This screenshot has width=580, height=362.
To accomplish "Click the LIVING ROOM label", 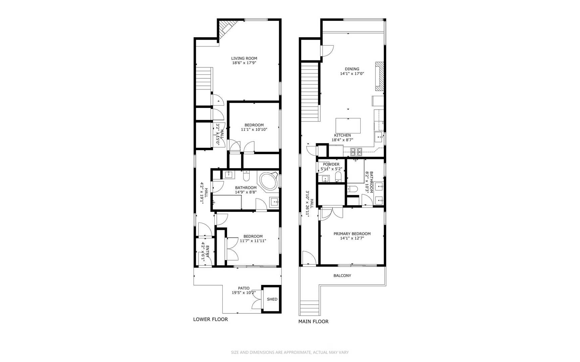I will pyautogui.click(x=244, y=58).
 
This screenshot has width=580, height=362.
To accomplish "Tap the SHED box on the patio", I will pyautogui.click(x=272, y=299).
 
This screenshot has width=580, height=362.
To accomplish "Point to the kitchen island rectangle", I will pyautogui.click(x=348, y=126).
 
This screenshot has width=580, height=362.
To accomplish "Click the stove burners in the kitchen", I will pyautogui.click(x=356, y=152).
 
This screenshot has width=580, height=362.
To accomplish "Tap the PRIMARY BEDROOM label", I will pyautogui.click(x=352, y=234).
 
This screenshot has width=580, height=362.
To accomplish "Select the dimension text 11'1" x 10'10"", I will pyautogui.click(x=254, y=129).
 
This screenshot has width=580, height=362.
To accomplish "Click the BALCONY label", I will pyautogui.click(x=342, y=276).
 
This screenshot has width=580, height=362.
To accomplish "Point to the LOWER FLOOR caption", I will pyautogui.click(x=210, y=319).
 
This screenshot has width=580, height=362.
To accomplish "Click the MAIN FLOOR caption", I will pyautogui.click(x=313, y=321).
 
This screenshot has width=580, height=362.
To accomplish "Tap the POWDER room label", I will pyautogui.click(x=331, y=164).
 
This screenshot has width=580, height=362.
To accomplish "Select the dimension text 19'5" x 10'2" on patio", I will pyautogui.click(x=244, y=293).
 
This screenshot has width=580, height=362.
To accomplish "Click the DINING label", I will pyautogui.click(x=352, y=69).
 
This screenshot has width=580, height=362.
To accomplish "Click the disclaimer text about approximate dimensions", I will pyautogui.click(x=290, y=352).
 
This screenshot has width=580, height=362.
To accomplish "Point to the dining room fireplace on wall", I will pyautogui.click(x=379, y=76).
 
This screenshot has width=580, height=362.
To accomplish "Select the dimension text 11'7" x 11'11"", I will pyautogui.click(x=253, y=241).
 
